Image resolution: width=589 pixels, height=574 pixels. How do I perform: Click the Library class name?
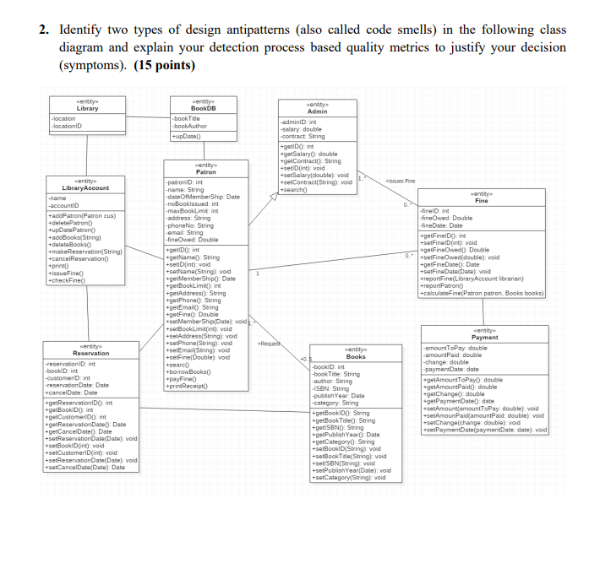(87, 108)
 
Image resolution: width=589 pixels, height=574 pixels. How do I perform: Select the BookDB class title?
(203, 108)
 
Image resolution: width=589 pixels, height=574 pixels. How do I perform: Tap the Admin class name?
(317, 111)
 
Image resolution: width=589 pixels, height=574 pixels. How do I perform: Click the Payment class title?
(484, 337)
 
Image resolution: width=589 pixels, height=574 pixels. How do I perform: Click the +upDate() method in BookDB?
(187, 136)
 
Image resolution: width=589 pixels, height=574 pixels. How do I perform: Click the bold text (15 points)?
(164, 65)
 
